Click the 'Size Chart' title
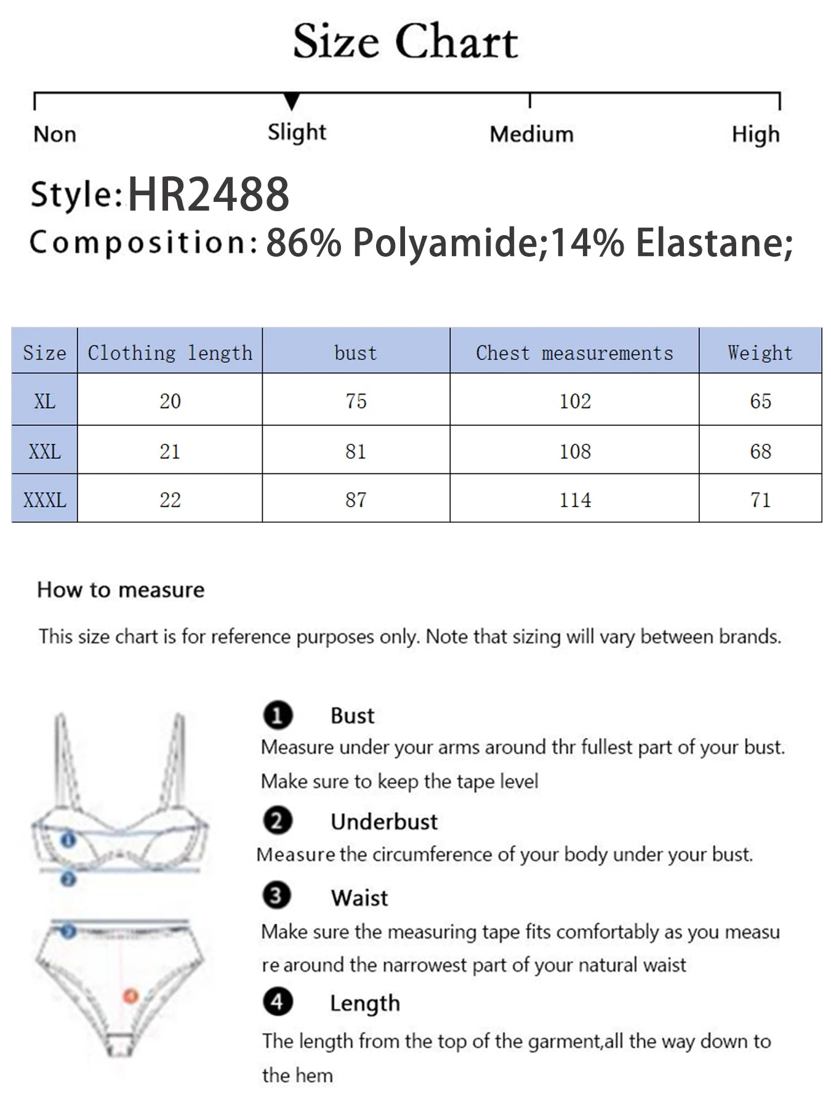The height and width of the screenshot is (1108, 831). pos(405,42)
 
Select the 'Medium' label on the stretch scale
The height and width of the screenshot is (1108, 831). pos(531,134)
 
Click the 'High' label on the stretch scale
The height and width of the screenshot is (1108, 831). pos(755,134)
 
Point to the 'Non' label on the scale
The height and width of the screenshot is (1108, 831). pos(55,134)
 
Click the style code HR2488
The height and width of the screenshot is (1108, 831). pos(208,195)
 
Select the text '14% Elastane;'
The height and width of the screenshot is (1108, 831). pos(671,243)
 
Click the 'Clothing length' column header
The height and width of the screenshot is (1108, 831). pos(170,353)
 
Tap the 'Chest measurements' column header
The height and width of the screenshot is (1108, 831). pos(574,353)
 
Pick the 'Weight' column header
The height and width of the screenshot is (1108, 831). pos(760,353)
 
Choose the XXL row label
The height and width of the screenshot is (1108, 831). pos(44,451)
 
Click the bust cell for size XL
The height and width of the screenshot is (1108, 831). pos(356,401)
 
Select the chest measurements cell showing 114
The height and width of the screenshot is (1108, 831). pos(574,500)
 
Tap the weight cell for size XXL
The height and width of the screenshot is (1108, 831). pos(760,451)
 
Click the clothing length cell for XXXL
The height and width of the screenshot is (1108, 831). pos(170,500)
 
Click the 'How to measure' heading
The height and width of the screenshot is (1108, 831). pos(121,590)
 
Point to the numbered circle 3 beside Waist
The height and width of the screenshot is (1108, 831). pos(276,896)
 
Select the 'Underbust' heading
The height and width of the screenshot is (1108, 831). pos(383,822)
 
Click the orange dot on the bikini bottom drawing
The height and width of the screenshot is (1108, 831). pos(130,995)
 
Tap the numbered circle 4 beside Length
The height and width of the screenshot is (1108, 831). pos(277,1002)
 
